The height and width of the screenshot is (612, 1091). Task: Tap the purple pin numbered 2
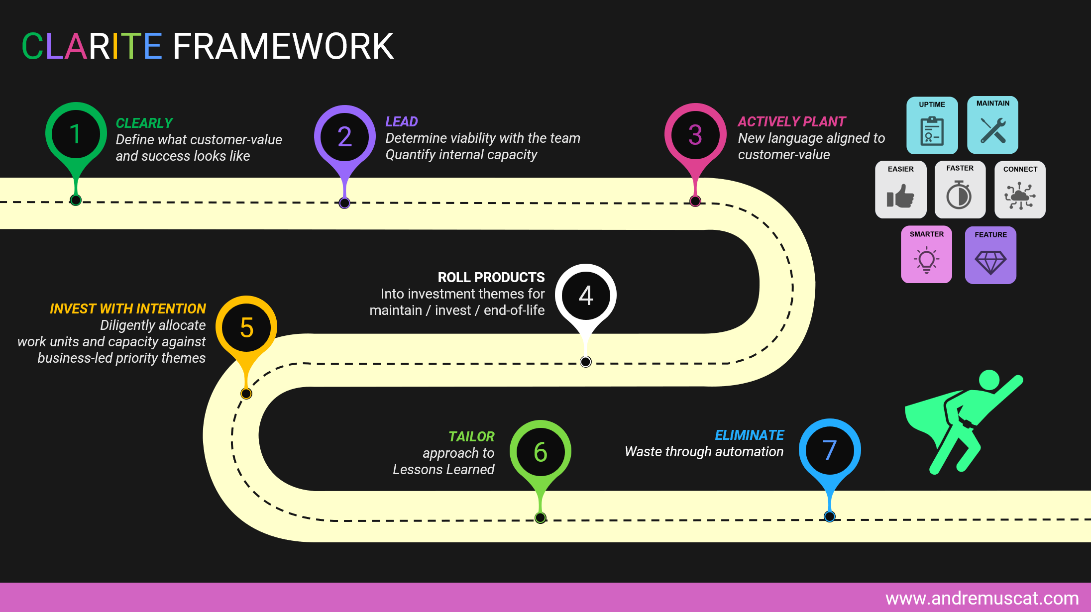pos(344,136)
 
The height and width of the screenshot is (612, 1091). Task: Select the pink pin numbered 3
pos(695,134)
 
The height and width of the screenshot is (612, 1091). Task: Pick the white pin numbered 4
pos(586,295)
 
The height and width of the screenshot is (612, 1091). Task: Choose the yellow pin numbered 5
pos(246,327)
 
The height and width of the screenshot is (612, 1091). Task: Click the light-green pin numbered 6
pos(540,451)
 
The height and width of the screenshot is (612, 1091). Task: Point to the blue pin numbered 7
pos(829,449)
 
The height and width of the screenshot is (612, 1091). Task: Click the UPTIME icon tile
pos(932,125)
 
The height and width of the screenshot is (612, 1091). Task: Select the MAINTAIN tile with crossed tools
pos(992,125)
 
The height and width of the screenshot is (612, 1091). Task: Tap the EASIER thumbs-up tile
pos(900,190)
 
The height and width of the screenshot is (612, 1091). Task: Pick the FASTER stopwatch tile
pos(960,190)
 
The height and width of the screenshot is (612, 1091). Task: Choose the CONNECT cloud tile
pos(1020,190)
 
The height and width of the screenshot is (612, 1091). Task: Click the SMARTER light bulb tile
pos(926,254)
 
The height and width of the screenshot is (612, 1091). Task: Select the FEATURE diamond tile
pos(990,255)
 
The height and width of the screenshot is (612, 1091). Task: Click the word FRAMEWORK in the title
pos(283,46)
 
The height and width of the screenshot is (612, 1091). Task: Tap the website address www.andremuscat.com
pos(982,598)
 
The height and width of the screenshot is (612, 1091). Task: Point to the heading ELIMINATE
pos(749,435)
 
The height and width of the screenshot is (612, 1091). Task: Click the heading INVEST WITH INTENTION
pos(127,308)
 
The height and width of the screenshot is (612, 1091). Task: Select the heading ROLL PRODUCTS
pos(491,277)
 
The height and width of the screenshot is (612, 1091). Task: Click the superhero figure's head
pos(989,380)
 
